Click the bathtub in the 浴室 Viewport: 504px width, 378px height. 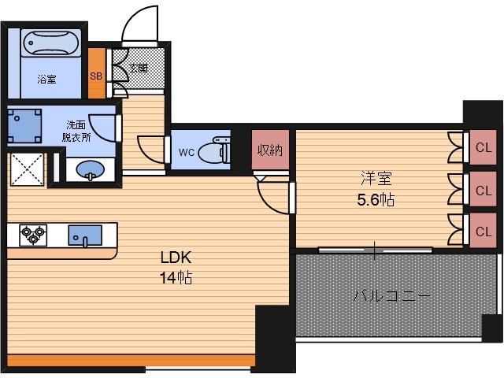point(51,43)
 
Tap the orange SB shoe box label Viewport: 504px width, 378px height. point(96,76)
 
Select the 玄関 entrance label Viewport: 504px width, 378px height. point(139,69)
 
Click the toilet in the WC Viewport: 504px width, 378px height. point(215,150)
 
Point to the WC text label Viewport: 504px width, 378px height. point(187,152)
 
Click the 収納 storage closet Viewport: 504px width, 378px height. point(270,150)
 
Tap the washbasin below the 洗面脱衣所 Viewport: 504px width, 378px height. point(91,169)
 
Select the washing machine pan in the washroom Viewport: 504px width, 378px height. point(24,126)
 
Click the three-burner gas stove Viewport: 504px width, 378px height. point(33,235)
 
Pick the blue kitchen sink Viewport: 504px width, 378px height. point(85,236)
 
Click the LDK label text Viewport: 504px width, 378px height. point(176,258)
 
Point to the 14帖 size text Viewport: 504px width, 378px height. point(176,278)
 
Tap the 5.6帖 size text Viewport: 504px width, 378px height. point(376,200)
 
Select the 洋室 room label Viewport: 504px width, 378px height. point(376,179)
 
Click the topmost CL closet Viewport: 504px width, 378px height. point(483,147)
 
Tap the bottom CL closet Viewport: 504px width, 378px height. point(483,231)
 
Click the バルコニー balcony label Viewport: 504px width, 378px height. point(391,295)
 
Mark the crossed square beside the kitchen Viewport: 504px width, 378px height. point(27,169)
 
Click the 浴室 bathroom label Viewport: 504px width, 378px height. point(47,79)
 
